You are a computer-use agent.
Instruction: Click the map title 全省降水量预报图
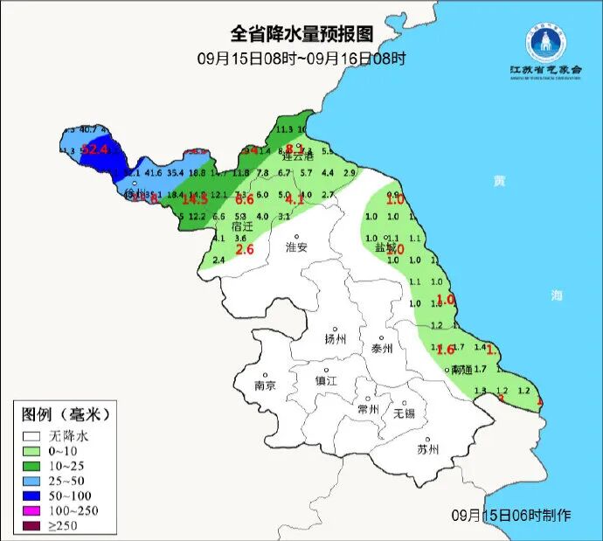tap(301, 34)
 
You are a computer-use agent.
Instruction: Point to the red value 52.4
tap(94, 149)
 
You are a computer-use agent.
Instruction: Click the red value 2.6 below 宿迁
tap(246, 250)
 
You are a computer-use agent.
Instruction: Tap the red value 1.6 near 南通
tap(445, 350)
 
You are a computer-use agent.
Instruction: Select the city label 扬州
tap(336, 339)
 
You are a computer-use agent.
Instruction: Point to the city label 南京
tap(265, 385)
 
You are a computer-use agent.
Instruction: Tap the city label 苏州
tap(427, 450)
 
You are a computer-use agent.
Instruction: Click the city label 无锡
tap(405, 413)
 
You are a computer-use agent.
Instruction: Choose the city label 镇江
tap(326, 381)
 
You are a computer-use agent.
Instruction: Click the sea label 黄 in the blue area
tap(499, 181)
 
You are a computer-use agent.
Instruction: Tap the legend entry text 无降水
tap(69, 434)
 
